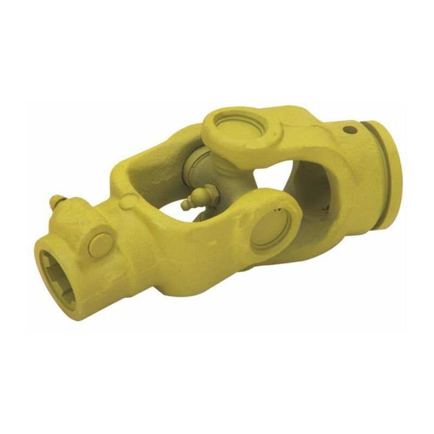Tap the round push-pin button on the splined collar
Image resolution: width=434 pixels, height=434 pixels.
point(101,245)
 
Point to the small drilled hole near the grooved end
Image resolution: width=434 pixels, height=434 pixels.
point(348,130)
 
